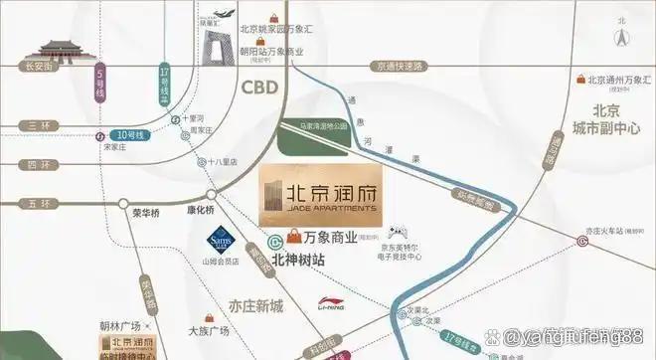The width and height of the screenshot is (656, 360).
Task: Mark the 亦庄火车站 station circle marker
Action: coord(581,239)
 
